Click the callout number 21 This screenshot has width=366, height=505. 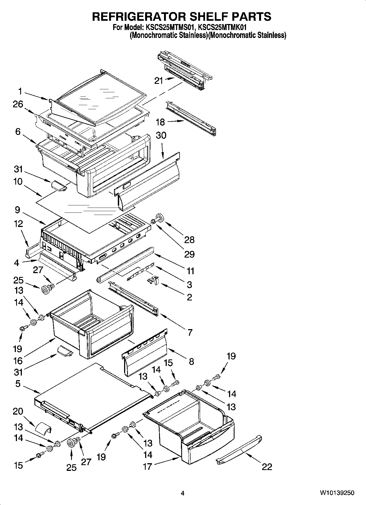pyautogui.click(x=159, y=81)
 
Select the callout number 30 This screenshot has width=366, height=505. pyautogui.click(x=161, y=135)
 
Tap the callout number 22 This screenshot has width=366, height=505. pyautogui.click(x=267, y=467)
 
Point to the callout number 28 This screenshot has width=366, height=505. pyautogui.click(x=189, y=240)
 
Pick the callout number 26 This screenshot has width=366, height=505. pyautogui.click(x=18, y=104)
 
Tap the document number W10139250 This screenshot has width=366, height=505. pyautogui.click(x=337, y=493)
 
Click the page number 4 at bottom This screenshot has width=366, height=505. pyautogui.click(x=183, y=493)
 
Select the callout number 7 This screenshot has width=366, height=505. pyautogui.click(x=190, y=332)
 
